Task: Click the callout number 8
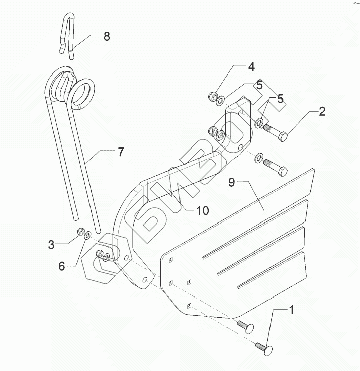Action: [x=106, y=36]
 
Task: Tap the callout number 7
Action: [x=121, y=152]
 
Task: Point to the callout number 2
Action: [x=322, y=111]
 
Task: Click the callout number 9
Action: [x=231, y=182]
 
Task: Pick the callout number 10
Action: [x=202, y=210]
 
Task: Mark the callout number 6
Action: [x=61, y=266]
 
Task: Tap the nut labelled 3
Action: [x=79, y=232]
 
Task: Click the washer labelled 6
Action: [x=87, y=235]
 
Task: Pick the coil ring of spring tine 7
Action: [x=82, y=92]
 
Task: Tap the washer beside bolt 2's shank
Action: [x=260, y=122]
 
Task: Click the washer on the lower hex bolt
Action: [x=258, y=158]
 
